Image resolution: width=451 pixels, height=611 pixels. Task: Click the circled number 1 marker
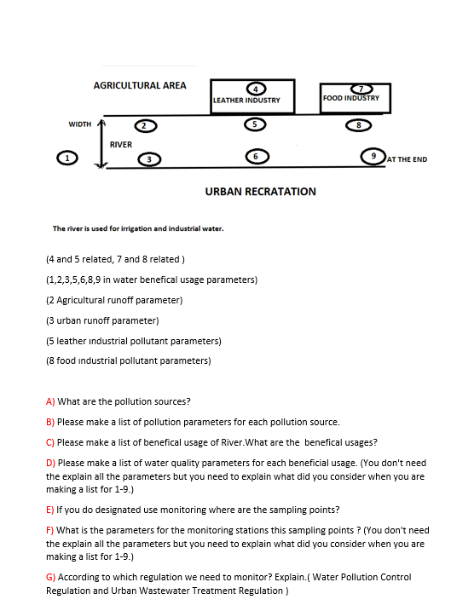pos(61,158)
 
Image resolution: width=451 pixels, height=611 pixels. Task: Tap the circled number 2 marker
pos(145,126)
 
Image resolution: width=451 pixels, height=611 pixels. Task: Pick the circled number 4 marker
pos(253,89)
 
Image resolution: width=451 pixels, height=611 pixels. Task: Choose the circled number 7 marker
pos(364,89)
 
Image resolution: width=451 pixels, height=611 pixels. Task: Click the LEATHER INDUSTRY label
pos(246,101)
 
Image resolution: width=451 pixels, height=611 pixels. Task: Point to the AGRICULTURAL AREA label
pos(140,85)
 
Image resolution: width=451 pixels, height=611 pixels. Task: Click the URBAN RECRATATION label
pos(260,192)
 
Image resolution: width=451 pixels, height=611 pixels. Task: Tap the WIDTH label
pos(80,124)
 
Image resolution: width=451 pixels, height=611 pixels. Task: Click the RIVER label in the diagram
pos(121,145)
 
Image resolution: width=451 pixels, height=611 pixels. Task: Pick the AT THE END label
pos(407,159)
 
